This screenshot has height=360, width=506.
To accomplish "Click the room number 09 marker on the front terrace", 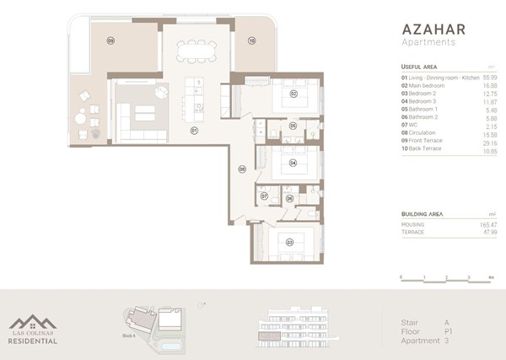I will click(x=110, y=40).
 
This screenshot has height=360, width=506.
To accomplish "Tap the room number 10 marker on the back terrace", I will click(x=251, y=40).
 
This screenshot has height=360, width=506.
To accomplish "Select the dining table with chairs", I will click(x=195, y=51).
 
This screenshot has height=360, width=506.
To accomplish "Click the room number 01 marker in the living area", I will click(x=193, y=132).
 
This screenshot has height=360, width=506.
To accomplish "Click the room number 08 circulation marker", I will click(x=242, y=169).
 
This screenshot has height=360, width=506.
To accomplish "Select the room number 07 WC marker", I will click(x=264, y=196).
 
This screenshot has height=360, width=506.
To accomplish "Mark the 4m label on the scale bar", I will click(x=491, y=277).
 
